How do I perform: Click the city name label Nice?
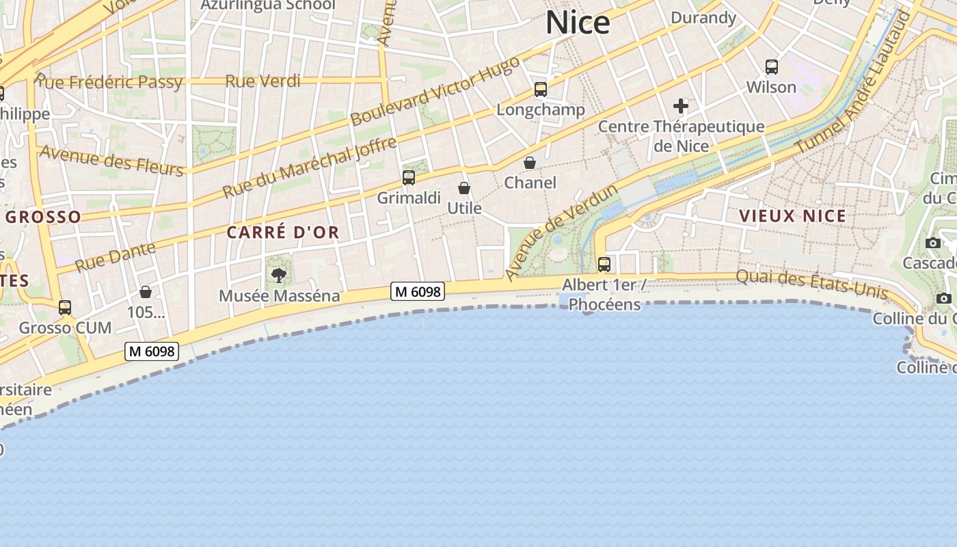tap(578, 23)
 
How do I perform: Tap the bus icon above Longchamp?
tap(541, 90)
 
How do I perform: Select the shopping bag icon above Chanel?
tap(530, 163)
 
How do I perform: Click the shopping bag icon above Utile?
tap(464, 188)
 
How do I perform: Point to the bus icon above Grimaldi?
tap(409, 178)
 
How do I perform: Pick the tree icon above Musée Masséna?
tap(278, 276)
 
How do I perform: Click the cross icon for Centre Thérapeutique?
tap(681, 106)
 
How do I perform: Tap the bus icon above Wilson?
tap(772, 67)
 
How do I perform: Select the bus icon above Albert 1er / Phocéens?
tap(604, 265)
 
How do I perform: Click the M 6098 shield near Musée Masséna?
tap(418, 292)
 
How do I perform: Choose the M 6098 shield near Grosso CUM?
tap(152, 351)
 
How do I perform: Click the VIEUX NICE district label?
tap(792, 216)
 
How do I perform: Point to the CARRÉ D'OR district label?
tap(283, 232)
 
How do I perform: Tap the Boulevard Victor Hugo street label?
tap(435, 92)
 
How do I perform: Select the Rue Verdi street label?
tap(263, 81)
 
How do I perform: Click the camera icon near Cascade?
tap(932, 243)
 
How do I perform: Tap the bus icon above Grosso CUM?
tap(65, 308)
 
